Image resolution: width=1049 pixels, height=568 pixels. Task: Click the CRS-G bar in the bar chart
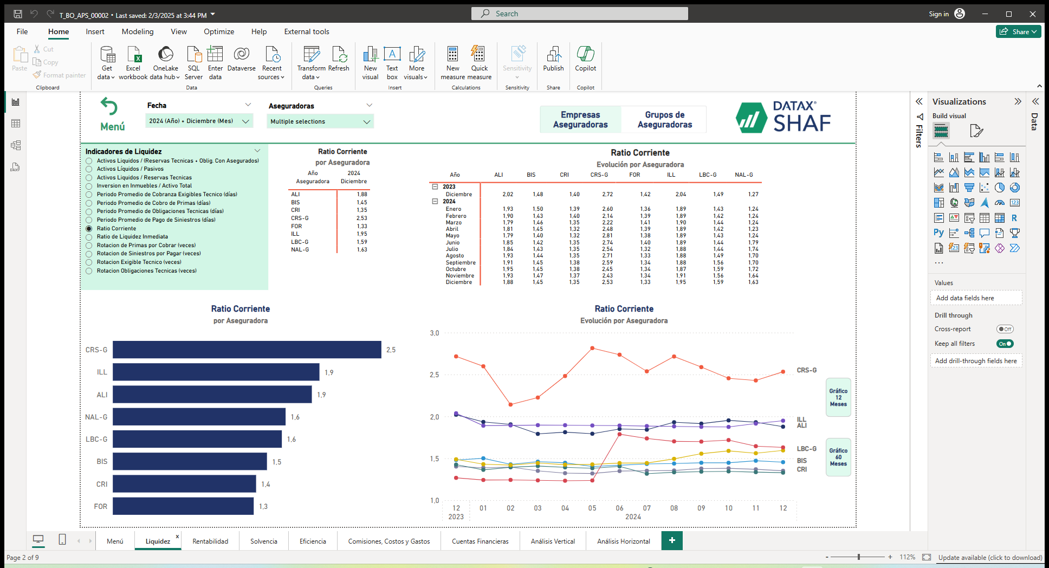pyautogui.click(x=247, y=350)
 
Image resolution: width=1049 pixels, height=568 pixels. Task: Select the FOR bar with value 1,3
pyautogui.click(x=183, y=506)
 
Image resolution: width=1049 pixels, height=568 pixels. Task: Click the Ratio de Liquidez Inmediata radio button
pyautogui.click(x=89, y=237)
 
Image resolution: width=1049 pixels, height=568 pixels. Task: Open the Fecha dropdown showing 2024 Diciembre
pyautogui.click(x=199, y=121)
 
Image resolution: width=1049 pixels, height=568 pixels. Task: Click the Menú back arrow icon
pyautogui.click(x=109, y=107)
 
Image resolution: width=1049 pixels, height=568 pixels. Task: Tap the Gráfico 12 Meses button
pyautogui.click(x=838, y=397)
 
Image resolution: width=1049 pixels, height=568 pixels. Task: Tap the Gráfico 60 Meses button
pyautogui.click(x=838, y=457)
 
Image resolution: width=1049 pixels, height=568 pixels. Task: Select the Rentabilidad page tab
pyautogui.click(x=210, y=541)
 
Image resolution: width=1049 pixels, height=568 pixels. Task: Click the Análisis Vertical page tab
pyautogui.click(x=553, y=541)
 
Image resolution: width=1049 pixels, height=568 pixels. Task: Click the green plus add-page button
pyautogui.click(x=672, y=540)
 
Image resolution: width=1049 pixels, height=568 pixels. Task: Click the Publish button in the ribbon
pyautogui.click(x=553, y=59)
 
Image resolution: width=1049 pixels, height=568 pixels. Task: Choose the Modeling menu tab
pyautogui.click(x=138, y=31)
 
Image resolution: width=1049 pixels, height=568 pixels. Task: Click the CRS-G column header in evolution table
pyautogui.click(x=599, y=175)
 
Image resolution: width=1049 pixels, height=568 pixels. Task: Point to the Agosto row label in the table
pyautogui.click(x=455, y=256)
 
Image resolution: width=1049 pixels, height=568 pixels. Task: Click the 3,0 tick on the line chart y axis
pyautogui.click(x=435, y=333)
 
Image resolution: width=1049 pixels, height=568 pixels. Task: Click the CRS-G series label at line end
pyautogui.click(x=806, y=370)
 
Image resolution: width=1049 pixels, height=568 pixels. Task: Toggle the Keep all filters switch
pyautogui.click(x=1005, y=344)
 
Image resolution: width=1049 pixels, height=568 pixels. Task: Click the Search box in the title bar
pyautogui.click(x=580, y=14)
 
